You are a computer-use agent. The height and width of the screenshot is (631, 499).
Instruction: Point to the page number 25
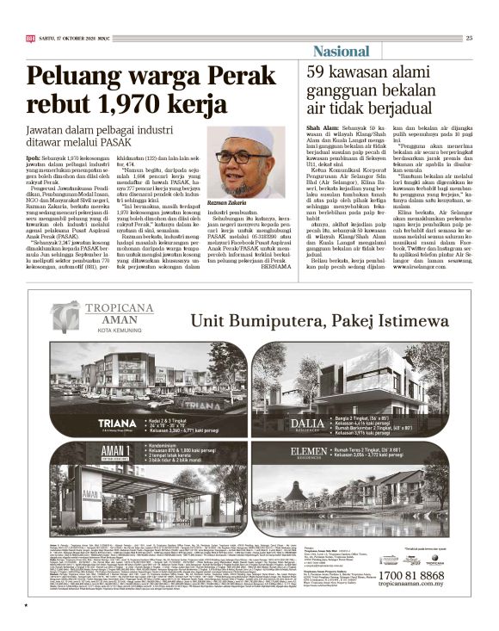coord(469,37)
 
